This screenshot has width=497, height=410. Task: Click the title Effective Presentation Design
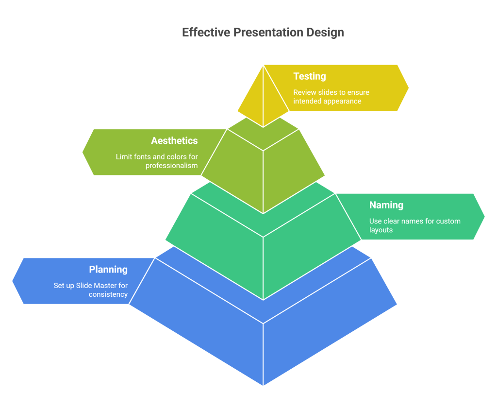(263, 33)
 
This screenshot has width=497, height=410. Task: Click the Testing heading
(309, 76)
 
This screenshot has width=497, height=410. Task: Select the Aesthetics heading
(174, 141)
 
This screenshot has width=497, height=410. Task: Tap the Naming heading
(386, 205)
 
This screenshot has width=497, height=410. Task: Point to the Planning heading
(108, 270)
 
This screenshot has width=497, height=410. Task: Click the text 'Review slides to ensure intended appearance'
(331, 97)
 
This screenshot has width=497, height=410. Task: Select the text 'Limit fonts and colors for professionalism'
(157, 161)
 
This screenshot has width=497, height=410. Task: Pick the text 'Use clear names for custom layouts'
(414, 225)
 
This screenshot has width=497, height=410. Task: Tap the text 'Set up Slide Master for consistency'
(91, 290)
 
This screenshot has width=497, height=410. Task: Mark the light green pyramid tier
(263, 168)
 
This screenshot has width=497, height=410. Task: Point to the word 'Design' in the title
(325, 33)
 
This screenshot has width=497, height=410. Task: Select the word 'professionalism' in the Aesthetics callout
(172, 166)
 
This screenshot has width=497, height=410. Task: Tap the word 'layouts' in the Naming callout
(381, 230)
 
